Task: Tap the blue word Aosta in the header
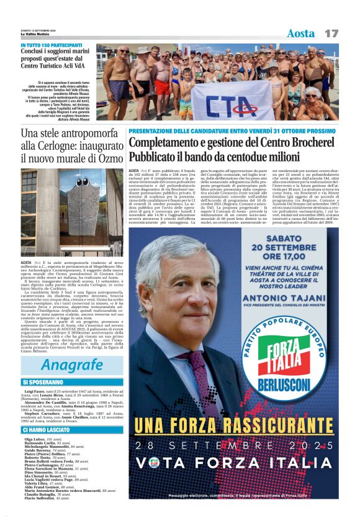click(301, 33)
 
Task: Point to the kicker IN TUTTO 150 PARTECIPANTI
click(51, 46)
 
